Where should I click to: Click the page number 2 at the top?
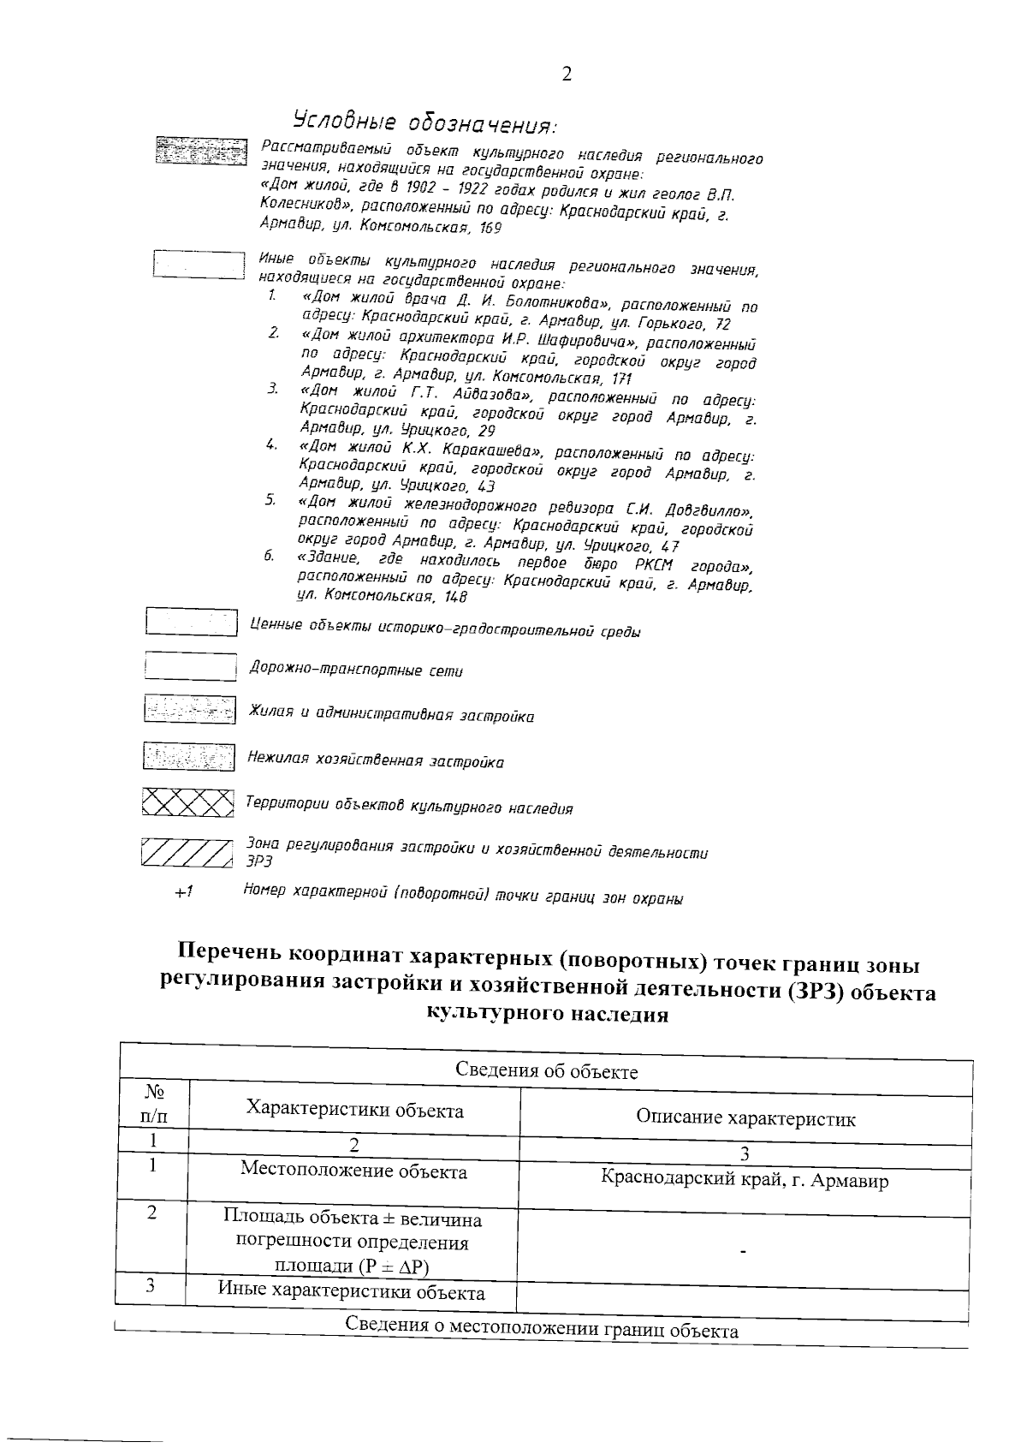567,74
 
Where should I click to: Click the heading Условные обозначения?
424,122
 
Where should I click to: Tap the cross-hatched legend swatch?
187,802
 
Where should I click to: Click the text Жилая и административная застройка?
391,714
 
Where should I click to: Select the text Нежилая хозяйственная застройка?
375,760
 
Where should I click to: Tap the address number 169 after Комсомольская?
490,229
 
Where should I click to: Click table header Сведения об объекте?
546,1071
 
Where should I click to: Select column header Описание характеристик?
745,1118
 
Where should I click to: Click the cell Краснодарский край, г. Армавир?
745,1181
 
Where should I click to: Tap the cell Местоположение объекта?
353,1171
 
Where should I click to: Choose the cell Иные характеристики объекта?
351,1292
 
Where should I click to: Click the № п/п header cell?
153,1104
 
